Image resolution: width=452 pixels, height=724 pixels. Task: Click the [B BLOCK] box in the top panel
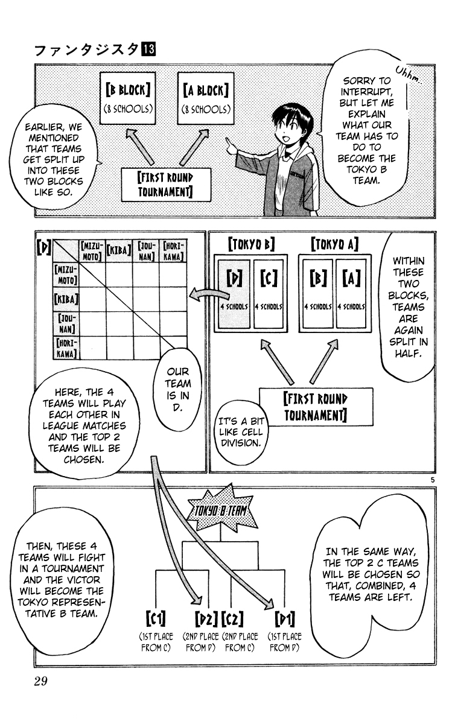click(128, 98)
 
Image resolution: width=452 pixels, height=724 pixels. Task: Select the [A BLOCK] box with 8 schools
click(206, 98)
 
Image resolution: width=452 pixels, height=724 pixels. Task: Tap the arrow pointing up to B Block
click(139, 147)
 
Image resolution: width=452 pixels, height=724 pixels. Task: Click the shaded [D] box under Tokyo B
click(234, 294)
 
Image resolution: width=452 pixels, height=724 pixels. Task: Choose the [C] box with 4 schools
click(268, 294)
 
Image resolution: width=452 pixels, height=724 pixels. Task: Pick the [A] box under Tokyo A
click(351, 294)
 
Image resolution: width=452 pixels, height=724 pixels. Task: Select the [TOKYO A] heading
click(335, 244)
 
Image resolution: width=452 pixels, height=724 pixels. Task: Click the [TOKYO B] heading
click(251, 244)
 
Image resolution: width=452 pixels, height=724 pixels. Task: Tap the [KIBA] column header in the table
click(119, 250)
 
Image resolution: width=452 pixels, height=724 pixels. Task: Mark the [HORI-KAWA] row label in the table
click(66, 348)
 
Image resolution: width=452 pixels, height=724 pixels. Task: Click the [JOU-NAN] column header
click(146, 250)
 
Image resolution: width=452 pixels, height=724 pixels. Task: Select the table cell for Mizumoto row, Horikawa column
click(173, 274)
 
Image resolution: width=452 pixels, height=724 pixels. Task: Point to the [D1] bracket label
click(284, 619)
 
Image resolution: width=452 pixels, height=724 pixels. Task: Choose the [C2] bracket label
click(232, 619)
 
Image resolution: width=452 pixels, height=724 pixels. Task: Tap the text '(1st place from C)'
click(156, 642)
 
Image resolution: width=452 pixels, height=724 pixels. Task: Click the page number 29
click(40, 681)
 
